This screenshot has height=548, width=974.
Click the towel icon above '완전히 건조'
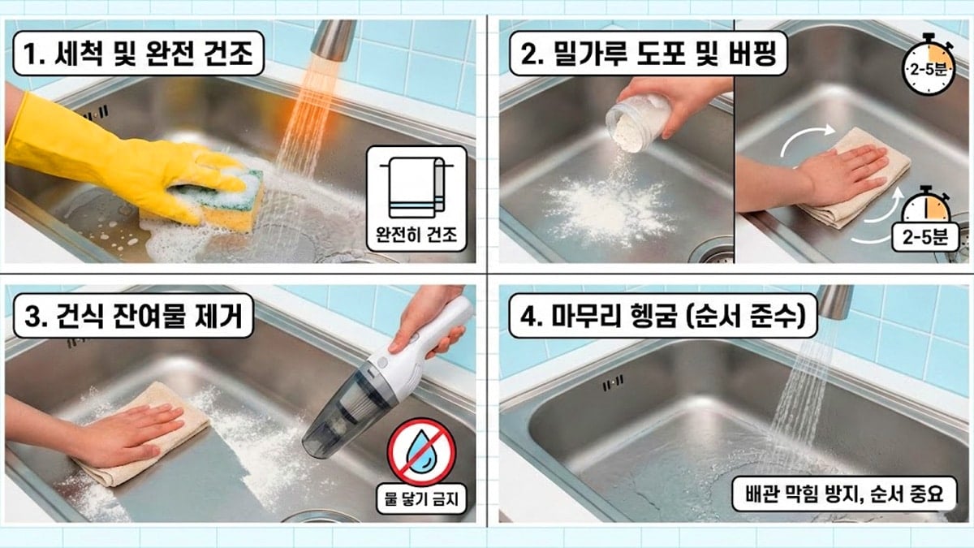[416, 185]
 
